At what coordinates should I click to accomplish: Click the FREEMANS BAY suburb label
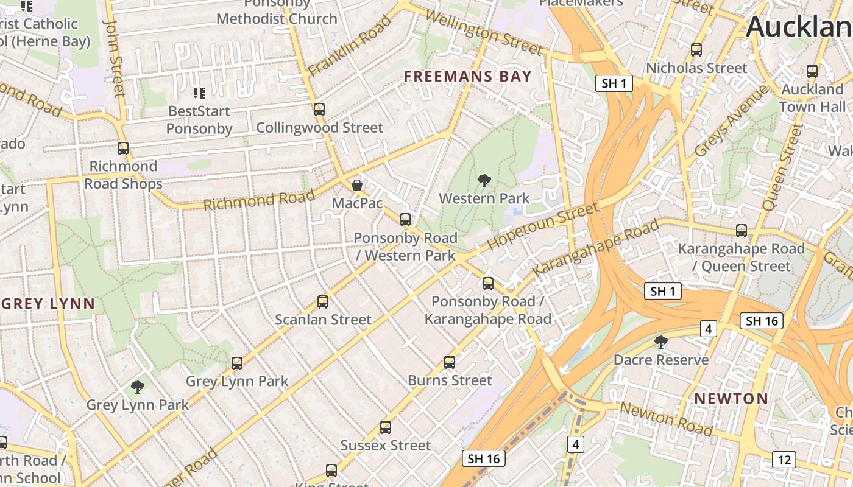point(468,77)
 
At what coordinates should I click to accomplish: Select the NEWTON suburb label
point(731,399)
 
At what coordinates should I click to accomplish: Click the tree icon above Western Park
point(484,180)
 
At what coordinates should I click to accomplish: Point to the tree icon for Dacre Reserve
point(661,342)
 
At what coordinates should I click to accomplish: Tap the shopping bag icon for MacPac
point(357,184)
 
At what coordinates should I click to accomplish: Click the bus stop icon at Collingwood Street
point(319,110)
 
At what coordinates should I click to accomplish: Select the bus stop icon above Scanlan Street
point(323,301)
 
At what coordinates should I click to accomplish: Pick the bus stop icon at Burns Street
point(450,362)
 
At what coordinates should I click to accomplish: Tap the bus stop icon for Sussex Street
point(386,427)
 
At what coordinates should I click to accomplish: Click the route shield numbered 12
point(784,459)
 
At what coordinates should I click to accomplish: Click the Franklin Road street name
point(349,46)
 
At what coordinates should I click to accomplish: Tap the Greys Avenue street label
point(731,121)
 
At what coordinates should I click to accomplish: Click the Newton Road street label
point(666,419)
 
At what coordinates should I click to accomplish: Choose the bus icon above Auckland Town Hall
point(812,71)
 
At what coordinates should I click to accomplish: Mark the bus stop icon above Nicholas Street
point(696,50)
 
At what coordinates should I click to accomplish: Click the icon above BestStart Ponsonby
point(199,93)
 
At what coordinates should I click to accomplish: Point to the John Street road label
point(114,58)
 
